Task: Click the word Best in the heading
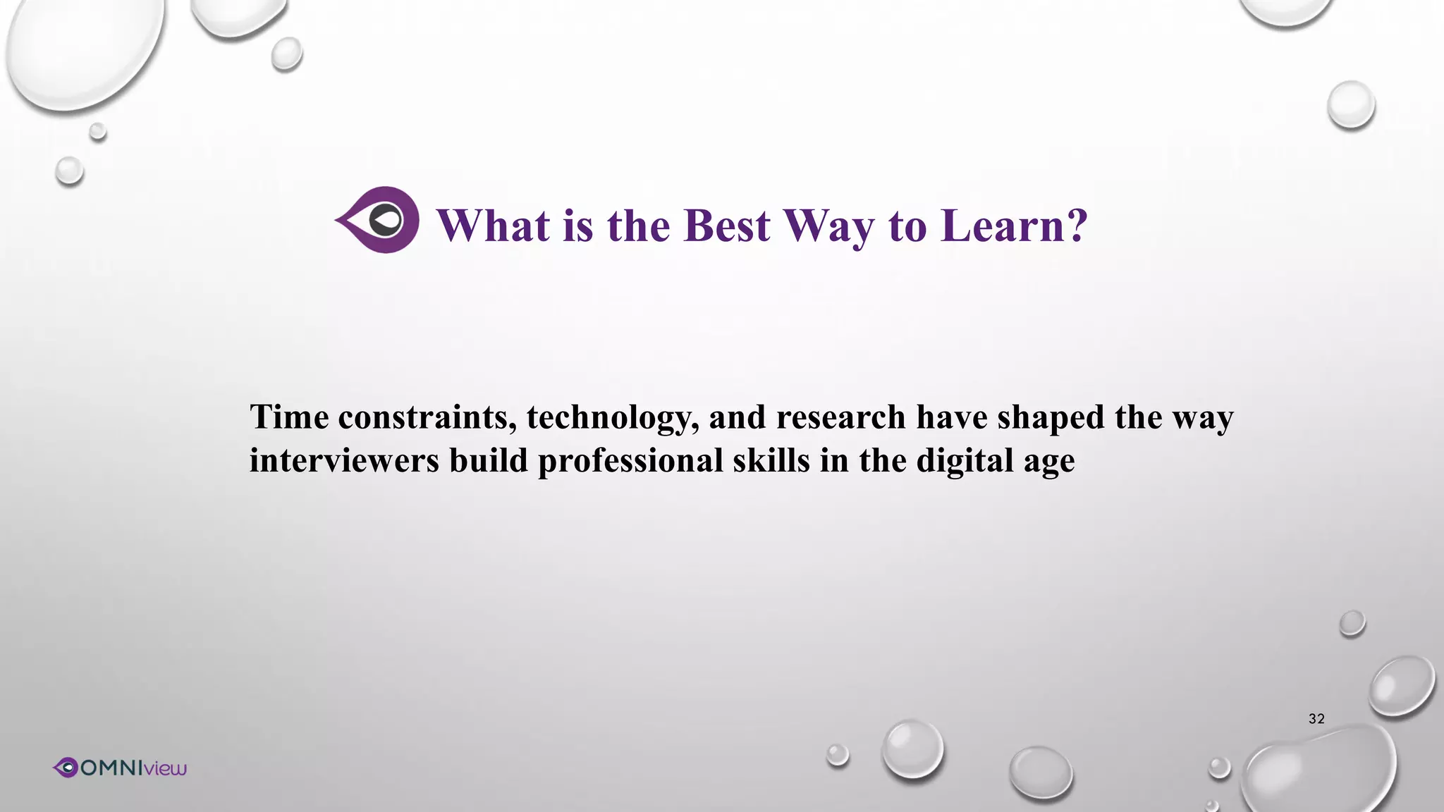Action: [x=726, y=226]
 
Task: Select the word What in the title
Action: [x=493, y=226]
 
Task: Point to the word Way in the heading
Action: [x=828, y=228]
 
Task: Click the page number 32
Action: [x=1316, y=719]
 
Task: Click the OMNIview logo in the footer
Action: [x=120, y=768]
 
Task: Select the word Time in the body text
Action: [x=289, y=417]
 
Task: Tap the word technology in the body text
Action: [x=611, y=418]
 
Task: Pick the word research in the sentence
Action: [x=840, y=417]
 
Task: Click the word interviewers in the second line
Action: [x=344, y=460]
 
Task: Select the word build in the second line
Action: [x=488, y=460]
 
